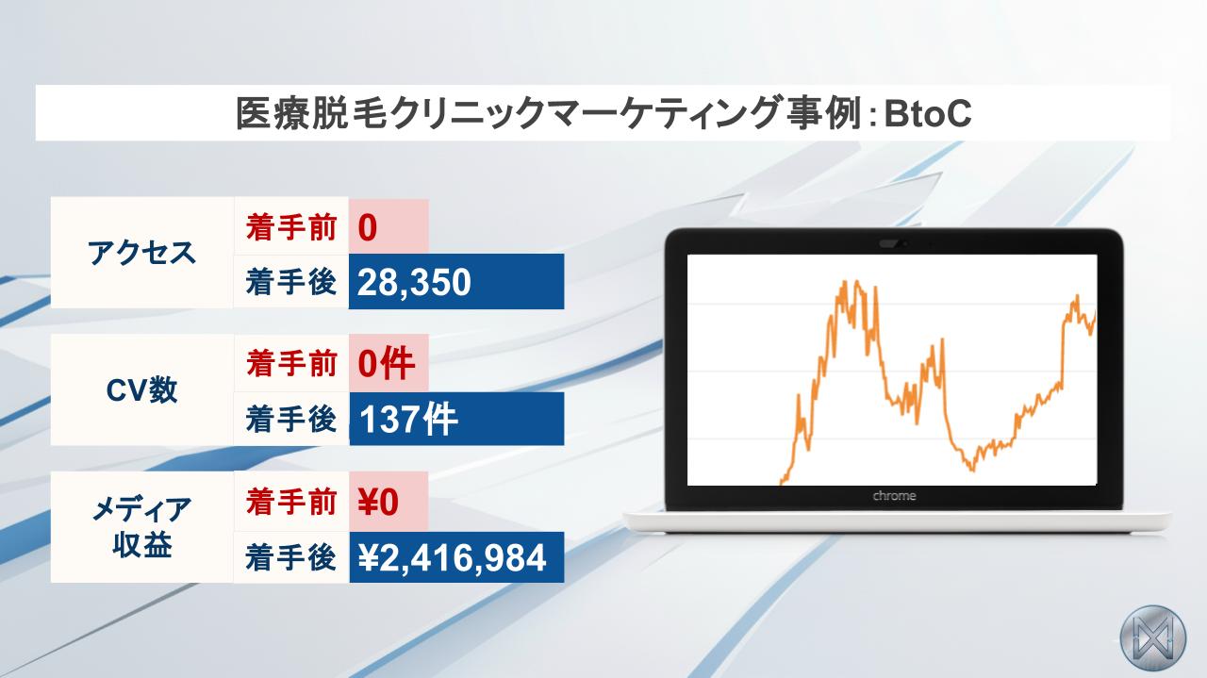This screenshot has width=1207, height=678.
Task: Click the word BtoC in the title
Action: (x=927, y=113)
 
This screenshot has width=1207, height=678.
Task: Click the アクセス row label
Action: (x=141, y=253)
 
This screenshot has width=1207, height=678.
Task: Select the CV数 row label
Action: (x=141, y=389)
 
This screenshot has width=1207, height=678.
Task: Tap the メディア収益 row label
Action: (x=141, y=526)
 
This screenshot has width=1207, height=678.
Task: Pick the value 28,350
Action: (x=414, y=282)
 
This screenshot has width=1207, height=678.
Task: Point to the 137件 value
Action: (x=408, y=420)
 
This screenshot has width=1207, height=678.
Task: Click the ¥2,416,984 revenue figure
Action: (x=452, y=557)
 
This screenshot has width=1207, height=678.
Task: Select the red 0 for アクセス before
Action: (x=367, y=227)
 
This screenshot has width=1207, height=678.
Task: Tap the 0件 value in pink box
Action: (x=386, y=363)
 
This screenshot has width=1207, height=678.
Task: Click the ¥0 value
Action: (x=378, y=502)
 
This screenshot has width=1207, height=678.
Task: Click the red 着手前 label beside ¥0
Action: (x=291, y=502)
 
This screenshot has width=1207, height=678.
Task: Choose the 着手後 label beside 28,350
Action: (x=291, y=282)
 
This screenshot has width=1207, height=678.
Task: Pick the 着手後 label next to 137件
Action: (x=291, y=420)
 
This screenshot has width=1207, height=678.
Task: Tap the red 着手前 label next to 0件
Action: (x=291, y=363)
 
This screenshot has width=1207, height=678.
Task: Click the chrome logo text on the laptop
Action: (x=894, y=495)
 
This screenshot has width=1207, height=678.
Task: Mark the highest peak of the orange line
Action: (x=844, y=281)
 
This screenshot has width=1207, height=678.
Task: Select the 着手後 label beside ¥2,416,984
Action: (x=291, y=557)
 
